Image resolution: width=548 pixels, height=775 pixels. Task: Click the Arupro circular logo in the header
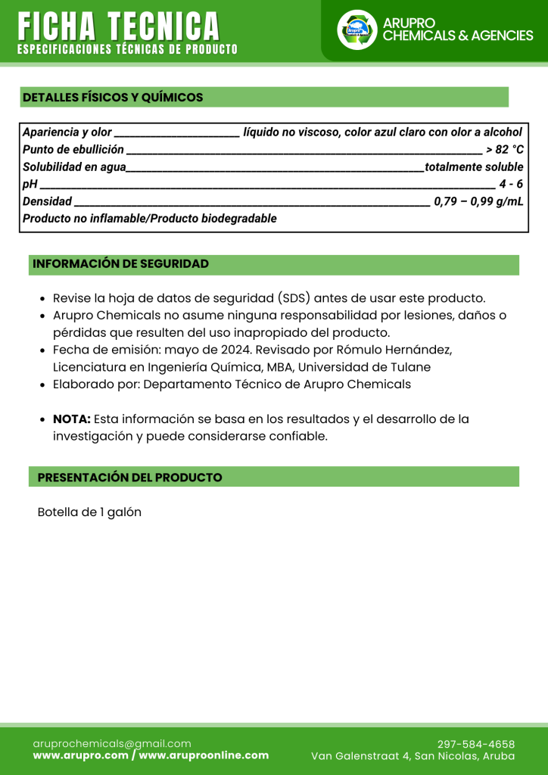tap(357, 30)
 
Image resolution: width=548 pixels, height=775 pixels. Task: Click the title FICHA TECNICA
tap(120, 27)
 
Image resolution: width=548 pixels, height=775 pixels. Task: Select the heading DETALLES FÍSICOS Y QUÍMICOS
tap(113, 98)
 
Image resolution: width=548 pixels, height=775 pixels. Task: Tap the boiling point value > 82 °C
tap(504, 149)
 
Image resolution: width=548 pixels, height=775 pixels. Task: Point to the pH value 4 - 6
tap(511, 184)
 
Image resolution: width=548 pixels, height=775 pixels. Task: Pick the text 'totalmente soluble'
tap(474, 167)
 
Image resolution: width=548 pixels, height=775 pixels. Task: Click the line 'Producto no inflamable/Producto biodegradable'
tap(150, 219)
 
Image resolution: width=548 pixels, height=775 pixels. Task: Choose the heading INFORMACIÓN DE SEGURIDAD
tap(120, 264)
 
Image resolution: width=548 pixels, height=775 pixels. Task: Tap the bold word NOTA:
tap(72, 419)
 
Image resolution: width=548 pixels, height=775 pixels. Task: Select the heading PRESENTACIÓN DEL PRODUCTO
tap(129, 478)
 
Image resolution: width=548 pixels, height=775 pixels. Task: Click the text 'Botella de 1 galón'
tap(89, 512)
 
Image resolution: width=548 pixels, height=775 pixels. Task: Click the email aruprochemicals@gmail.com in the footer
tap(112, 743)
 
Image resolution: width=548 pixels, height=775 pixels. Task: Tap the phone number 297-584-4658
tap(476, 744)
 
